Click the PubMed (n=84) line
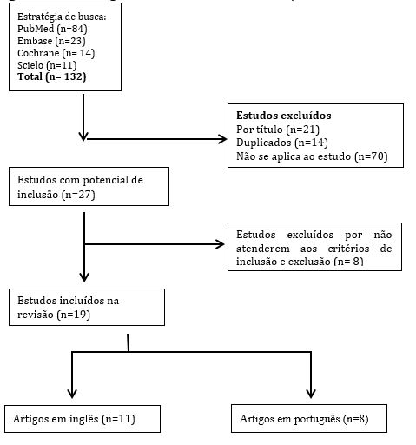tap(53, 29)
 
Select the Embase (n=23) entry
tap(50, 41)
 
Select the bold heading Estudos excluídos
tap(283, 116)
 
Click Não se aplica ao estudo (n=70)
tap(311, 156)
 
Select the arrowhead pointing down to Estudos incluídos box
tap(83, 277)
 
